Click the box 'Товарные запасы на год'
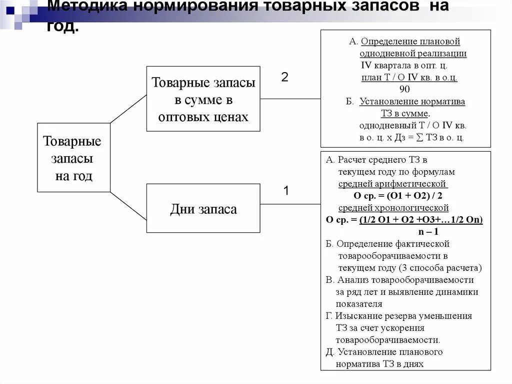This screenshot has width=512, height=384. (73, 158)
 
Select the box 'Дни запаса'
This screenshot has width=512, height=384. (203, 209)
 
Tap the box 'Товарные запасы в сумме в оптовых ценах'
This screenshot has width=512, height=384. (203, 99)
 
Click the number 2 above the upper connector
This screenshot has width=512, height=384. (284, 78)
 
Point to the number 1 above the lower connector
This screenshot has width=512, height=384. (286, 191)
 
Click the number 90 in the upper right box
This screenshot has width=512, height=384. (404, 89)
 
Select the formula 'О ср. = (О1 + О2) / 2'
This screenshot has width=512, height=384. (397, 196)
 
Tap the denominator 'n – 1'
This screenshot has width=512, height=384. (428, 232)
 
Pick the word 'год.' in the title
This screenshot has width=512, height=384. (63, 26)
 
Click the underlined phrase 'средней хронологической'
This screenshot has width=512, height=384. (393, 208)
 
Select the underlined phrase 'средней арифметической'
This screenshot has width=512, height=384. (392, 184)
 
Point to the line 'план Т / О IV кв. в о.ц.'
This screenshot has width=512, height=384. (409, 78)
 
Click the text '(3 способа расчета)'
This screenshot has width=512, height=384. (441, 267)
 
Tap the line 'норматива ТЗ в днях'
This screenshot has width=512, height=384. (379, 364)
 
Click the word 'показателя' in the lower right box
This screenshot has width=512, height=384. (359, 304)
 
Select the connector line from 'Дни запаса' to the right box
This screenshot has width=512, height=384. (290, 204)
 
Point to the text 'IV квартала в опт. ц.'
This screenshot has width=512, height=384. (404, 66)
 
